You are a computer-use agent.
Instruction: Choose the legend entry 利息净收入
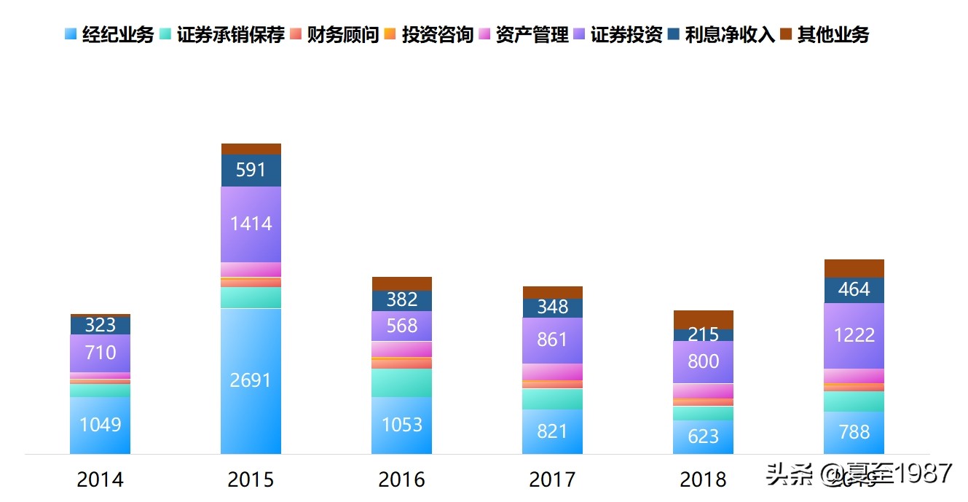(x=731, y=34)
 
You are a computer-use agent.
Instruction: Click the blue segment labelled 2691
(x=251, y=380)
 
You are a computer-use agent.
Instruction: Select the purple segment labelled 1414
(x=251, y=224)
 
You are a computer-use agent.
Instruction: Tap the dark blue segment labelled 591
(x=251, y=170)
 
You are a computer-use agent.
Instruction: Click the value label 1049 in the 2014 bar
(x=101, y=425)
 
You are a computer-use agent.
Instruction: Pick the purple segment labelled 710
(x=101, y=353)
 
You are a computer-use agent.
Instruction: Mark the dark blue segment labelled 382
(x=402, y=300)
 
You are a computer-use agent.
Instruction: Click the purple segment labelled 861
(x=552, y=340)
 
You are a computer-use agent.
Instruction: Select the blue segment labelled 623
(x=703, y=436)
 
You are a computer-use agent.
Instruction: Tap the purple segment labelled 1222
(x=854, y=336)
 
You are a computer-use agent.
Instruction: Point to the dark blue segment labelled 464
(x=854, y=290)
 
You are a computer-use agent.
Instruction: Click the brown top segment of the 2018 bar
(x=703, y=319)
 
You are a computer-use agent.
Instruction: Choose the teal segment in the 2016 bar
(x=402, y=383)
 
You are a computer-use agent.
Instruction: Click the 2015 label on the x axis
(x=251, y=479)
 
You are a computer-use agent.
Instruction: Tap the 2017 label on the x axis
(x=552, y=479)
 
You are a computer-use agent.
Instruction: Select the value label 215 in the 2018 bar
(x=703, y=335)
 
